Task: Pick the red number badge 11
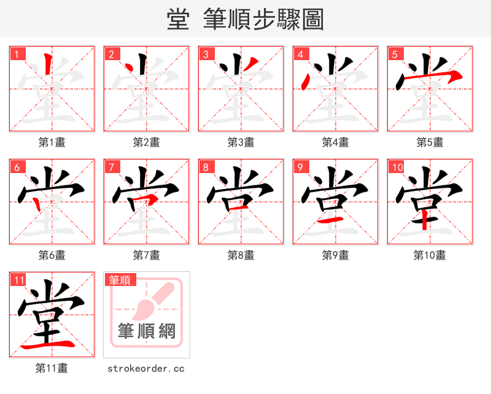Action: tap(19, 280)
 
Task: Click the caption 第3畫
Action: tap(241, 142)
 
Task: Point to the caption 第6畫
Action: tap(52, 255)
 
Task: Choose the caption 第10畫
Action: tap(430, 255)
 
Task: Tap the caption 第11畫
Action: tap(52, 368)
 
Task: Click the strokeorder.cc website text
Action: tap(146, 368)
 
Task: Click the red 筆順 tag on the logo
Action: tap(120, 280)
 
